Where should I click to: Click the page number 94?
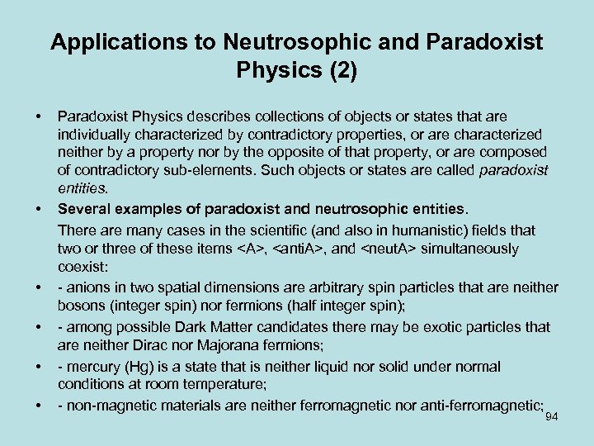point(552,417)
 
